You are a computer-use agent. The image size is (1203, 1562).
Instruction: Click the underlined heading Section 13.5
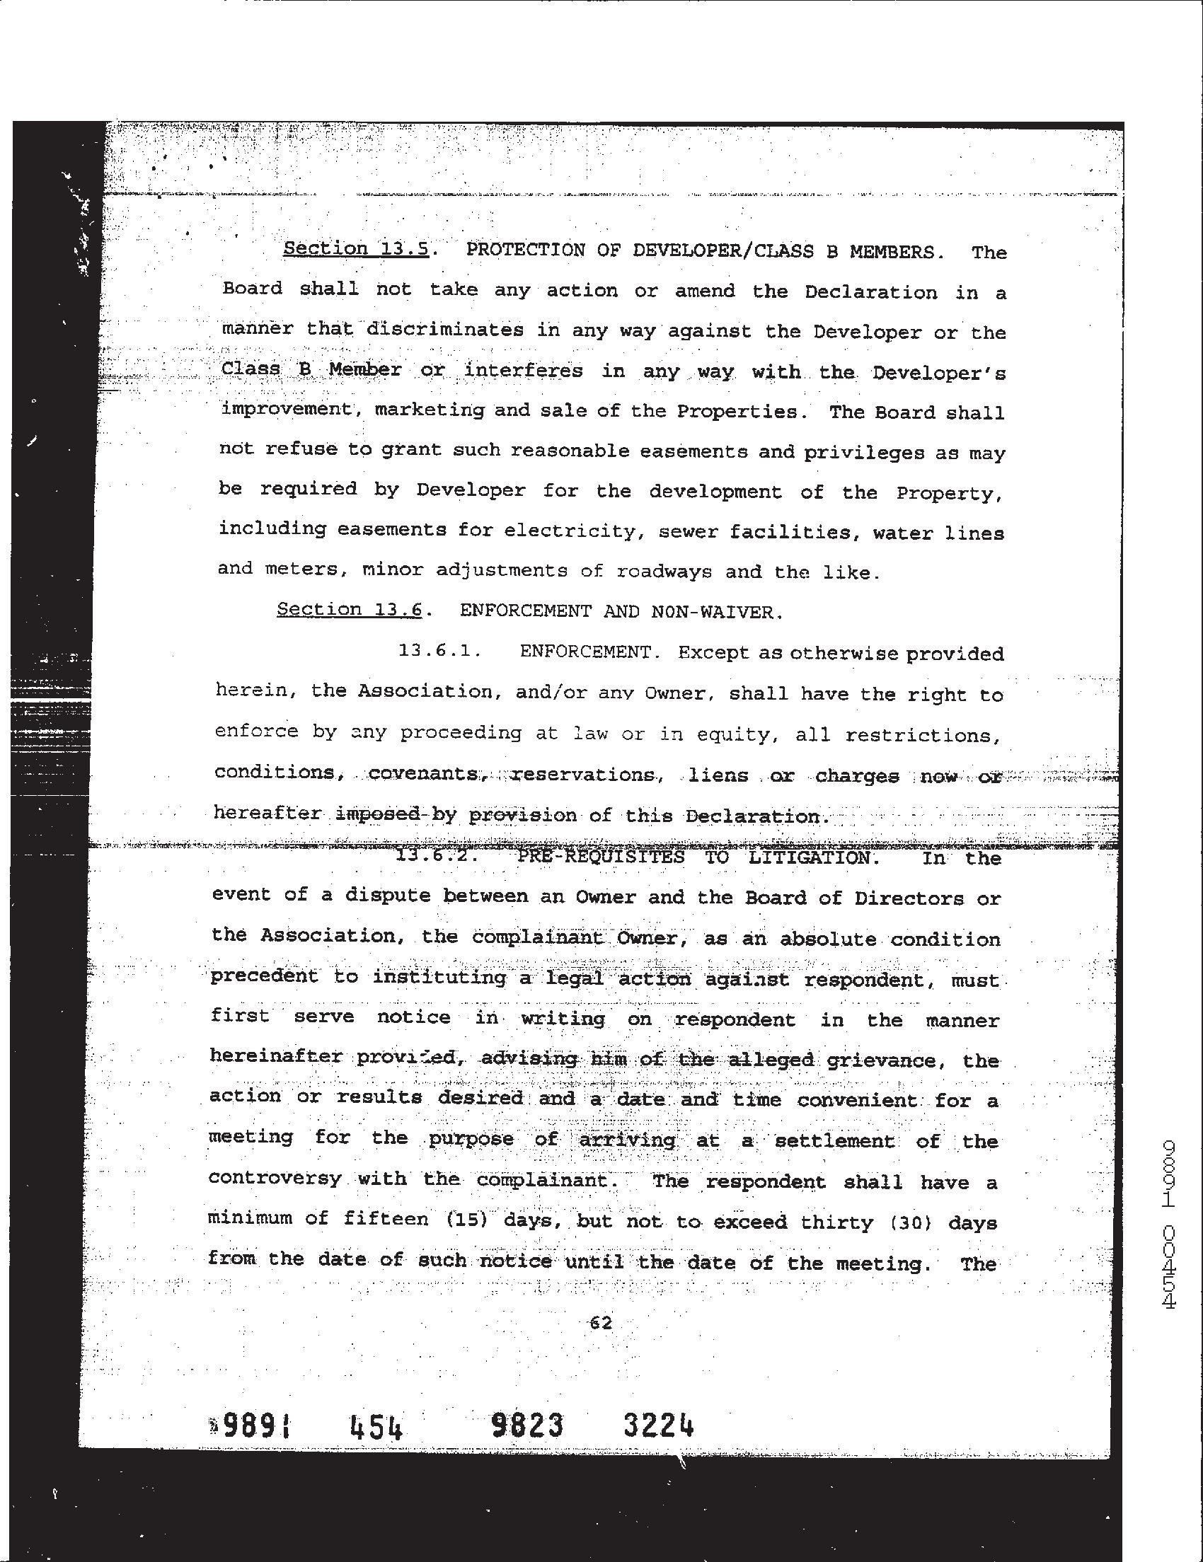point(355,249)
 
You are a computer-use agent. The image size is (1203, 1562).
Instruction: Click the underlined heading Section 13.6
point(349,609)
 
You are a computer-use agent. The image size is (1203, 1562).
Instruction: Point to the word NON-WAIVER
point(713,612)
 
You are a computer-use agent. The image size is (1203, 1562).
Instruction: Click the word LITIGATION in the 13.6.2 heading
point(813,857)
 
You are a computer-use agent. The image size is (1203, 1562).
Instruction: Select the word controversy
point(275,1178)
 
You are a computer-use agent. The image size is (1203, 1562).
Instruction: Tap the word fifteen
point(386,1218)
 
